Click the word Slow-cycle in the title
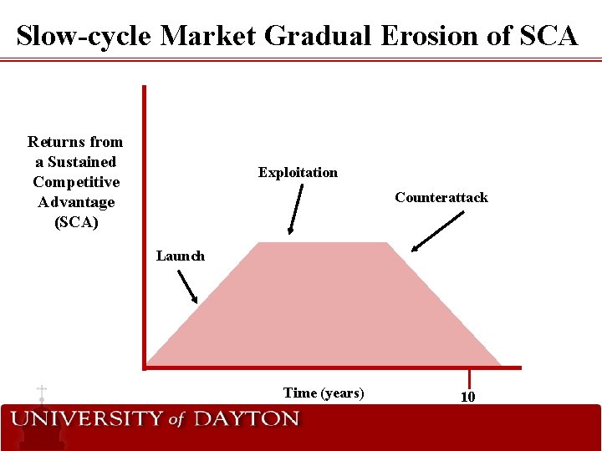pos(84,36)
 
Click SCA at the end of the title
pos(548,36)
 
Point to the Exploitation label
pos(298,173)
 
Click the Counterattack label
pos(441,198)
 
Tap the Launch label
pos(180,256)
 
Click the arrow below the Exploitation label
pos(297,210)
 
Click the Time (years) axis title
pos(324,393)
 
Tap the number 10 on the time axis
pos(468,397)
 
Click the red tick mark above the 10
pos(469,378)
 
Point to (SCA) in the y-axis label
pos(75,222)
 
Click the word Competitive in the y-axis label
pos(75,182)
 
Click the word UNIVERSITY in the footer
pos(87,419)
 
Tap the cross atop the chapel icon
pos(41,391)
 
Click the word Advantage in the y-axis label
pos(75,202)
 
